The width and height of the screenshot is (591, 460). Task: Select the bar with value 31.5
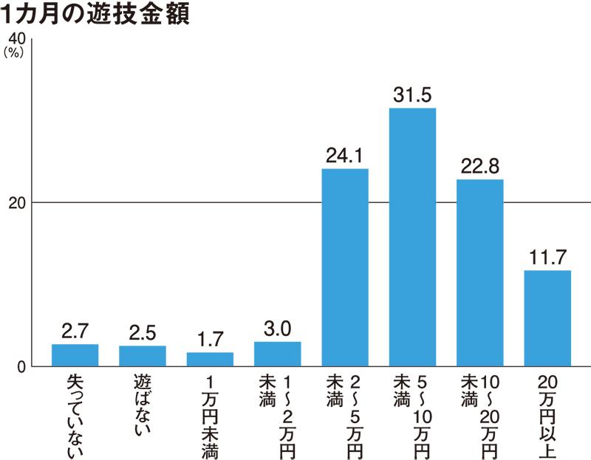412,236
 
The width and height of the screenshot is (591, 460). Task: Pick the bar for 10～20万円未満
480,272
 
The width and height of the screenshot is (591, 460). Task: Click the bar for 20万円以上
547,318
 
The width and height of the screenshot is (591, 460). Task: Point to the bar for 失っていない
75,355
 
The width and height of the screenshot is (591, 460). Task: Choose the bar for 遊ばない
143,356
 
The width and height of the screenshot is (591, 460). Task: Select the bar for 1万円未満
210,360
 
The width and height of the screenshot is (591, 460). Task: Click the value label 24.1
345,157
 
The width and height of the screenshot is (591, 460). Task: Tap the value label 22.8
480,167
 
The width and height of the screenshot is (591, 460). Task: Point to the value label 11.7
547,258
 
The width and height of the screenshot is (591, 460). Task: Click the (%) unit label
14,52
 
